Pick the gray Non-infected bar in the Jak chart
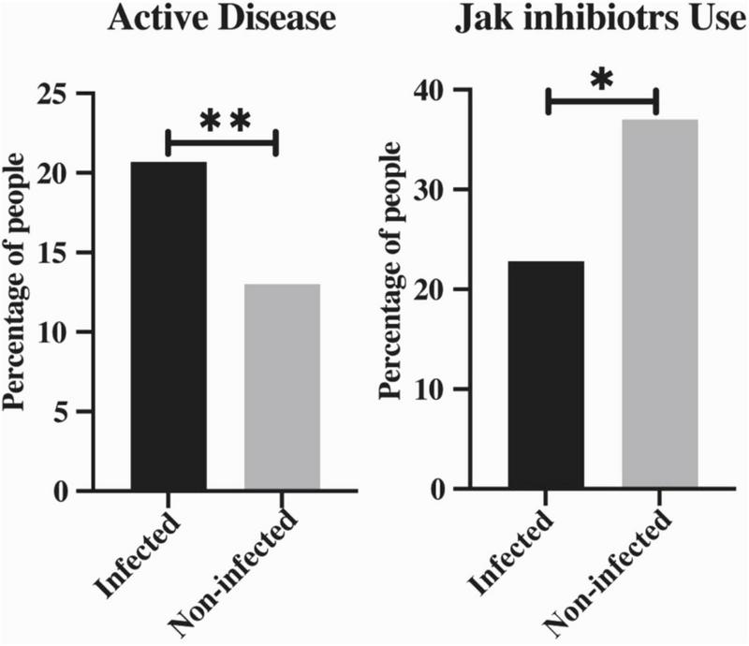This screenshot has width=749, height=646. tap(659, 304)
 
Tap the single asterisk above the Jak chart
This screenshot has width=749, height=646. tap(602, 81)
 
